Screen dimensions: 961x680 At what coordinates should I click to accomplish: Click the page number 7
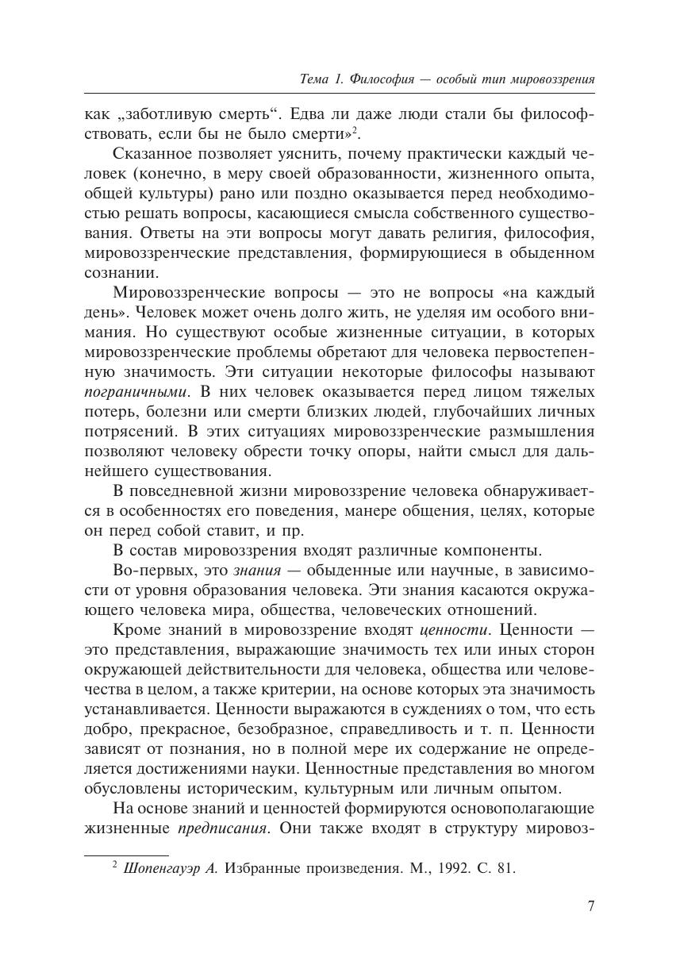point(590,906)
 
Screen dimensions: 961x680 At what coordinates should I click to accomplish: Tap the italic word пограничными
point(134,392)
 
